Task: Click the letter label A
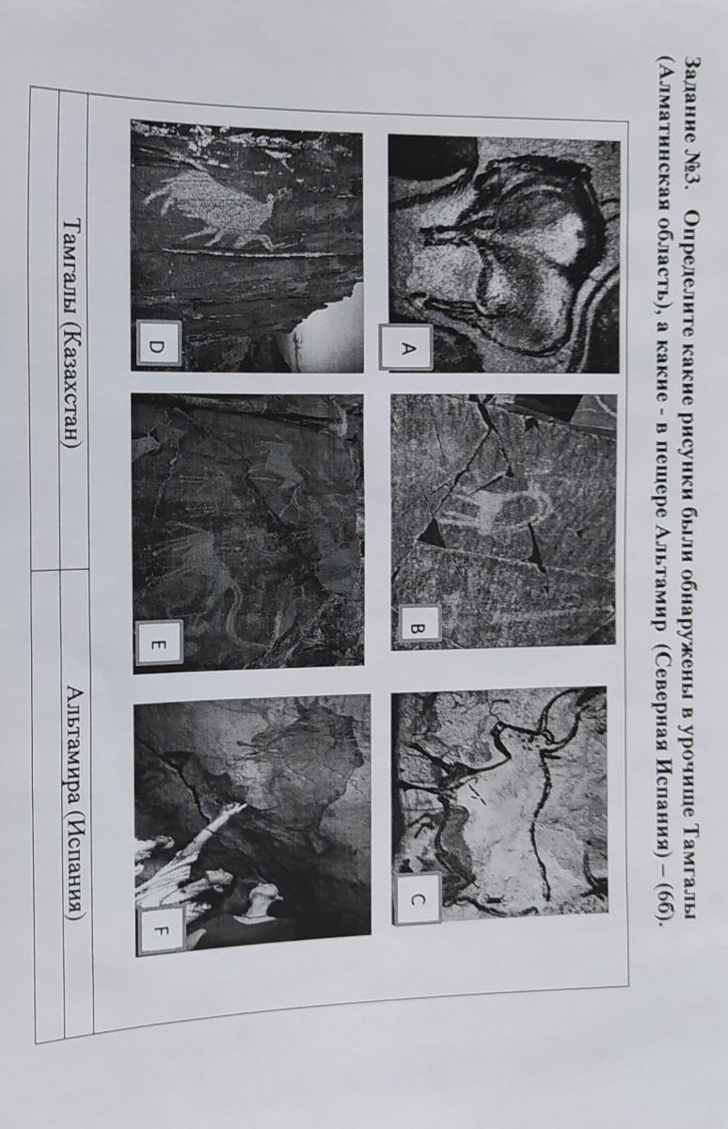click(406, 347)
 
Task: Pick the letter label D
click(157, 347)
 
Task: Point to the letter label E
click(159, 644)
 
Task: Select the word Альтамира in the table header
click(75, 746)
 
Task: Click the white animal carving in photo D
click(222, 212)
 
